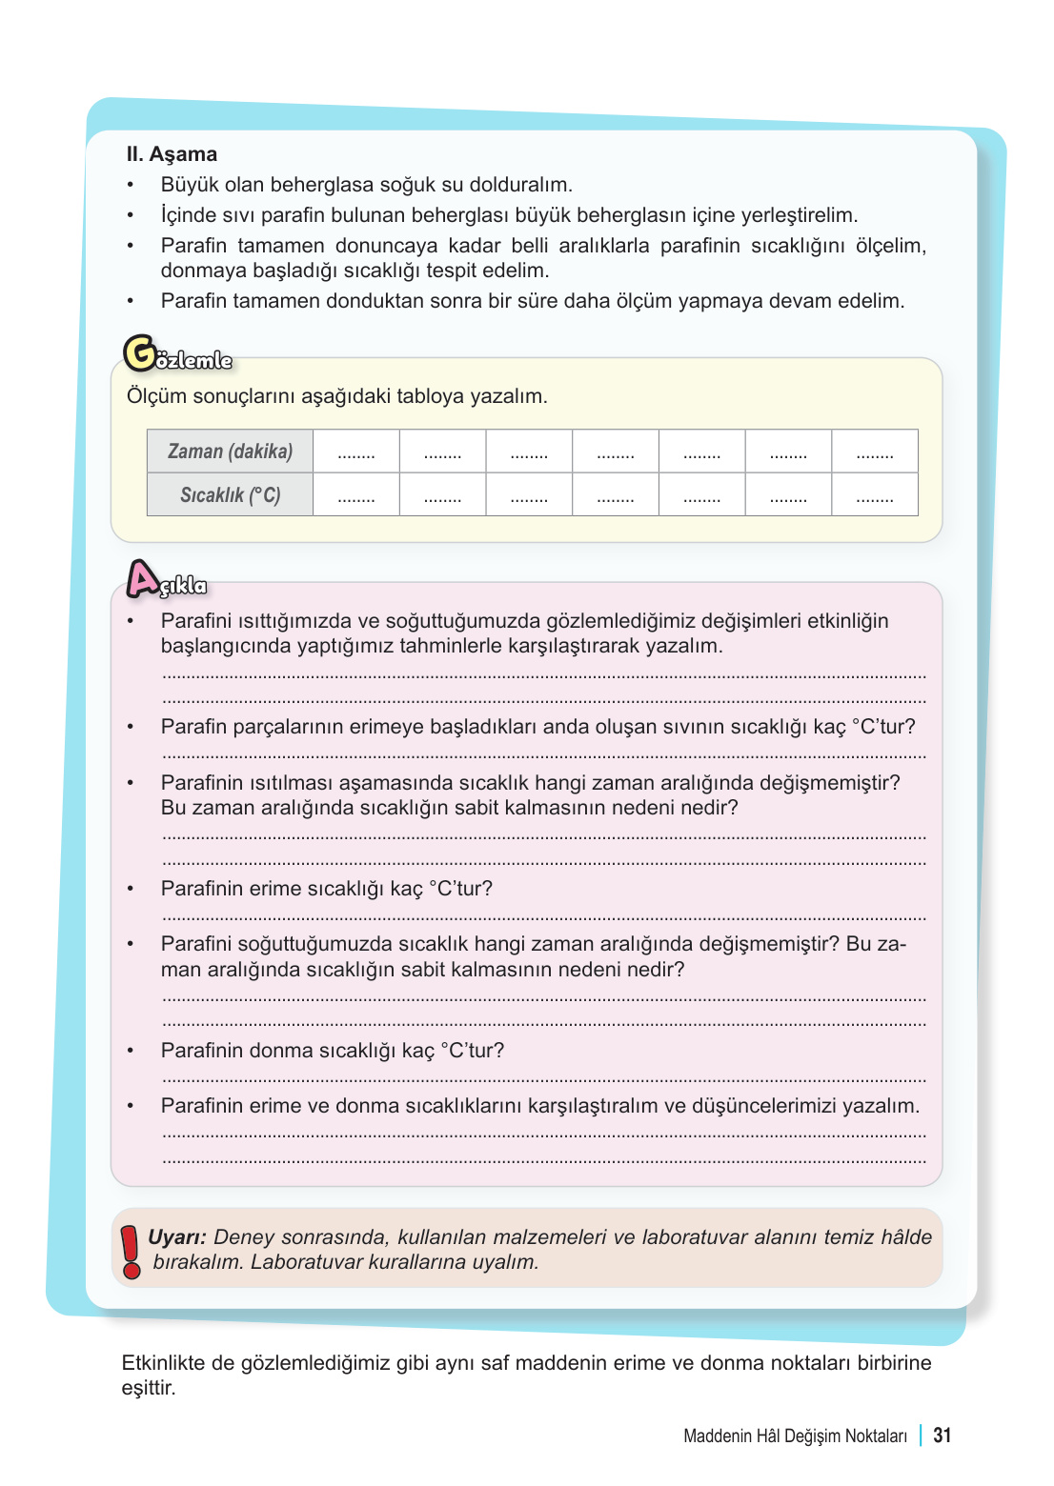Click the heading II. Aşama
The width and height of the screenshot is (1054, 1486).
click(x=172, y=154)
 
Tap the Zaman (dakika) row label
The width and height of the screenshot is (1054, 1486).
click(x=230, y=452)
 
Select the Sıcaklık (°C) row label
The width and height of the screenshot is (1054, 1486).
click(x=230, y=495)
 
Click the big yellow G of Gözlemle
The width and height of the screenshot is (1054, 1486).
click(x=141, y=353)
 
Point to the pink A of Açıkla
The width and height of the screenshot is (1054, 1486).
click(x=143, y=578)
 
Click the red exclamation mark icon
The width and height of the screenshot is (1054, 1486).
click(x=131, y=1251)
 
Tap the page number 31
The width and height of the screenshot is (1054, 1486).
click(x=942, y=1436)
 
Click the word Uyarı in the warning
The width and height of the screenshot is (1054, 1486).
click(x=176, y=1237)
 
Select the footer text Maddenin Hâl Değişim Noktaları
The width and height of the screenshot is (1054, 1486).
click(x=795, y=1436)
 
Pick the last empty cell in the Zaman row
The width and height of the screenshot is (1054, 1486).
click(x=874, y=452)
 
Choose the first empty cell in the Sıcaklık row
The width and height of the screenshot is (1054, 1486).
click(x=355, y=495)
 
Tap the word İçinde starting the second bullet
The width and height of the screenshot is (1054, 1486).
click(x=189, y=215)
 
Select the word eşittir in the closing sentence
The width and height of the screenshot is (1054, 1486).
click(x=149, y=1388)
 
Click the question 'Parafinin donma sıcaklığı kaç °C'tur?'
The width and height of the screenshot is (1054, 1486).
click(x=333, y=1051)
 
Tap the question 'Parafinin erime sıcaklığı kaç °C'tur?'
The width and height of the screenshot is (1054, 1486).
click(x=327, y=889)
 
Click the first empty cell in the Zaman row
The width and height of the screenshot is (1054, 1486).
click(x=355, y=452)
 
